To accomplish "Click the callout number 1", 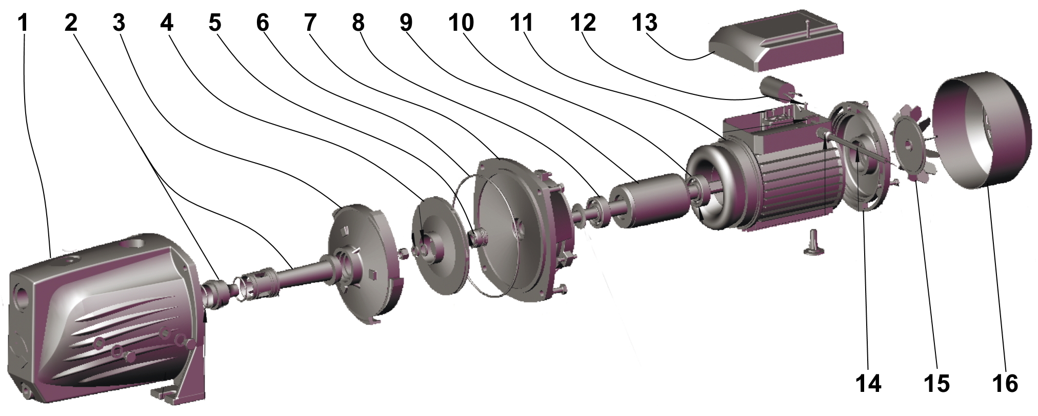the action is pos(23,23).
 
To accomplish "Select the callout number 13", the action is pos(644,23).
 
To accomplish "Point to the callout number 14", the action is pos(868,384).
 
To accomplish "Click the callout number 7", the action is pos(310,23).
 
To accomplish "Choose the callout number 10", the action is pos(461,23).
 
